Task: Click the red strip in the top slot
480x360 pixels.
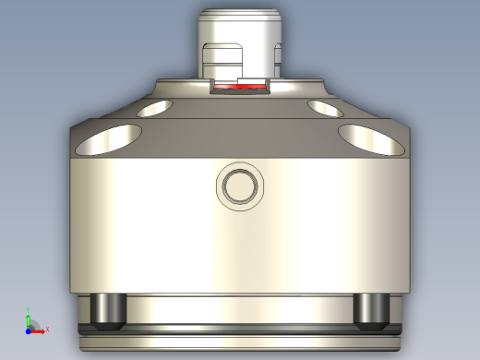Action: click(x=240, y=89)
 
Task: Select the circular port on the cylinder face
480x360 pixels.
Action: click(x=240, y=186)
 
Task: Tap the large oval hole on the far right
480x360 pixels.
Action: click(x=373, y=138)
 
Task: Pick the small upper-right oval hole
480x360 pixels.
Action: click(x=326, y=109)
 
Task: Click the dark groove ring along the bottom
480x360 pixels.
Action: click(x=240, y=329)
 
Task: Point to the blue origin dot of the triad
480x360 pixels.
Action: click(x=29, y=330)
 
